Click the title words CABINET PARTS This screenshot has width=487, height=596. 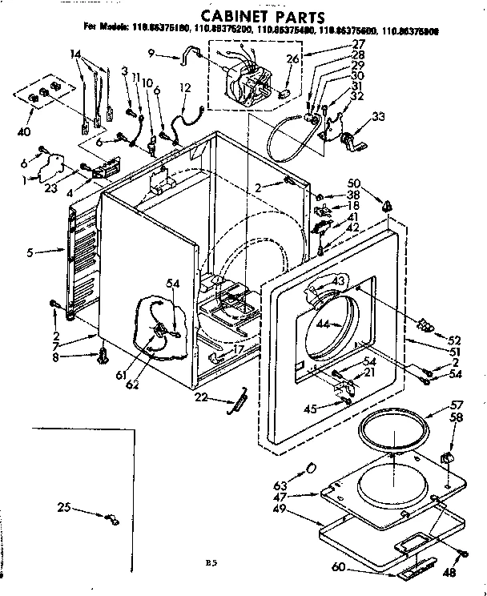pos(243,15)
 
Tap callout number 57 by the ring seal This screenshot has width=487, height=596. pos(457,406)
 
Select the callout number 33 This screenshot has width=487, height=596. pos(379,116)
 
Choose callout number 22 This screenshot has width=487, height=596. pos(201,397)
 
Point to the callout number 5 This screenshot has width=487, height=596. pos(30,252)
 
